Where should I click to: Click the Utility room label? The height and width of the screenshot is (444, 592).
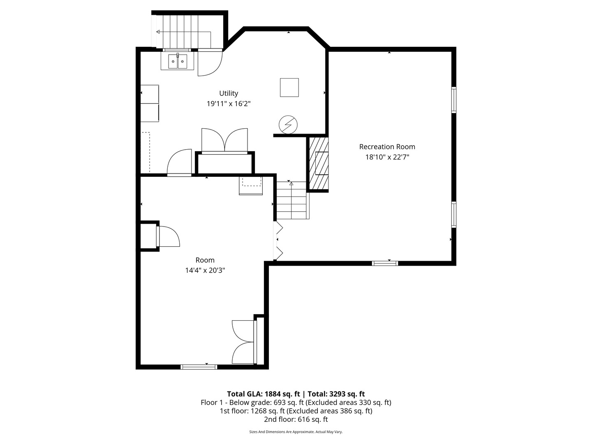(228, 93)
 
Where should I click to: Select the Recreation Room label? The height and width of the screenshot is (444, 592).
(387, 147)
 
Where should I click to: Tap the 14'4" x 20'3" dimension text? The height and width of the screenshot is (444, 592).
(205, 271)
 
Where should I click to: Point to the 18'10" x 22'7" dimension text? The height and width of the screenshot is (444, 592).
(387, 157)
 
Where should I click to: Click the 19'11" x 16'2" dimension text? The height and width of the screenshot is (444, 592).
(228, 104)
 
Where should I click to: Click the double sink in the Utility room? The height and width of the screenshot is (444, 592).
(177, 62)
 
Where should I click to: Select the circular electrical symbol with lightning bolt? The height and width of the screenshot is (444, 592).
(287, 124)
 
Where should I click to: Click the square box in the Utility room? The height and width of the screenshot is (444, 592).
(289, 87)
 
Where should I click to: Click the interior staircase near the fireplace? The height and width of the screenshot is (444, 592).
(291, 200)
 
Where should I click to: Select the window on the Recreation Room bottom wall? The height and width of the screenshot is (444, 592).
(385, 263)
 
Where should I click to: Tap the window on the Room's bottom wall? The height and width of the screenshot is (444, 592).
(199, 367)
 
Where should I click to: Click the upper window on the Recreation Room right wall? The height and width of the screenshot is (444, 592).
(454, 100)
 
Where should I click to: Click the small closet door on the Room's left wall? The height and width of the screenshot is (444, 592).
(168, 236)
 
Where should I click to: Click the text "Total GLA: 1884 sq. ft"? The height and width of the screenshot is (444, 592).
(263, 394)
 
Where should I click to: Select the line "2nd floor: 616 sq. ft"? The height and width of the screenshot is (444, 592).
(296, 420)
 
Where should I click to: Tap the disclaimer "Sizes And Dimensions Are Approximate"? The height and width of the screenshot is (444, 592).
(282, 432)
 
